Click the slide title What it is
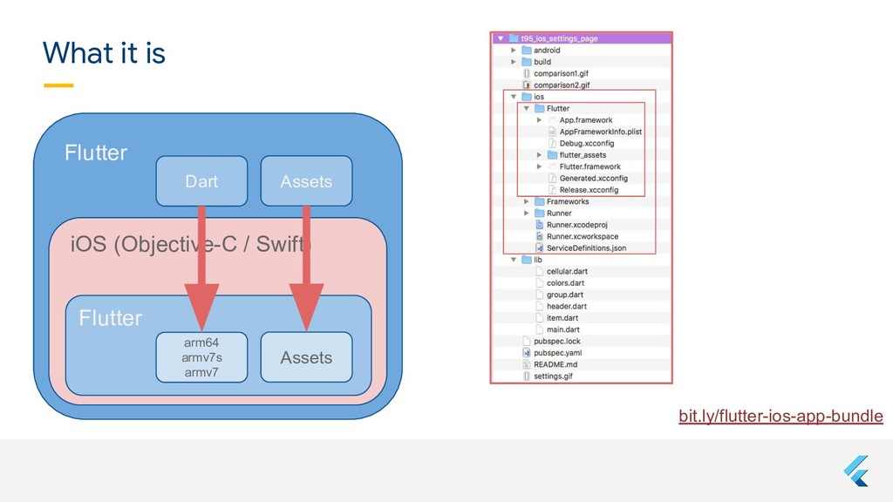click(x=104, y=54)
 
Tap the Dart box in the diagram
click(x=201, y=181)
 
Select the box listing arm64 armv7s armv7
click(x=201, y=357)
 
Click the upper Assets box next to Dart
click(x=306, y=181)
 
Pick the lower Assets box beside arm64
click(x=306, y=357)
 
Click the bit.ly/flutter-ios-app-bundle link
click(x=781, y=417)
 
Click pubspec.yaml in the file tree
click(x=557, y=353)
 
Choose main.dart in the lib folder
click(x=562, y=329)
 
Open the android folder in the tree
click(x=547, y=51)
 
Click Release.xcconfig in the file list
click(x=589, y=190)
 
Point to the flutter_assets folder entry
click(x=583, y=155)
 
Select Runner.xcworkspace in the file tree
click(x=583, y=236)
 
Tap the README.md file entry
click(x=556, y=364)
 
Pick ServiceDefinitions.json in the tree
click(x=586, y=248)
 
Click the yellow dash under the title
click(x=58, y=85)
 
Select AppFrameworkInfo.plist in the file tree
click(x=600, y=132)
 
